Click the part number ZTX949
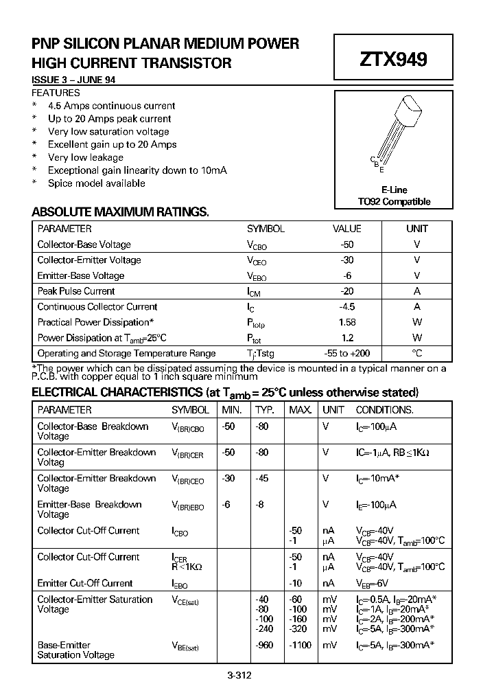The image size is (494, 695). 393,60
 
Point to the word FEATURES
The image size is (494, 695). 56,93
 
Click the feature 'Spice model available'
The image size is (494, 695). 97,183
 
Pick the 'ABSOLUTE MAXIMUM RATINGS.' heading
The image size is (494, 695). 120,212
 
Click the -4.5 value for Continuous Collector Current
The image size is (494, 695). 347,307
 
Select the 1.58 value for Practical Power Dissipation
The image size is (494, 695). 347,322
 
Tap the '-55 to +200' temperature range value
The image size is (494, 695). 347,353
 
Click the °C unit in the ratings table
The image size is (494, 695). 416,353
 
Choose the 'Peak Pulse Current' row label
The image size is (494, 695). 76,291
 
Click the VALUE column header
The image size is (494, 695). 347,229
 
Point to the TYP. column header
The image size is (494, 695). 265,410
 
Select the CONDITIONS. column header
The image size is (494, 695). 384,410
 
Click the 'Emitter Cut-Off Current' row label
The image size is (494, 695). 85,583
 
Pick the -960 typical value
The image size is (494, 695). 264,646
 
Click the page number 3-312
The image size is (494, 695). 239,675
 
